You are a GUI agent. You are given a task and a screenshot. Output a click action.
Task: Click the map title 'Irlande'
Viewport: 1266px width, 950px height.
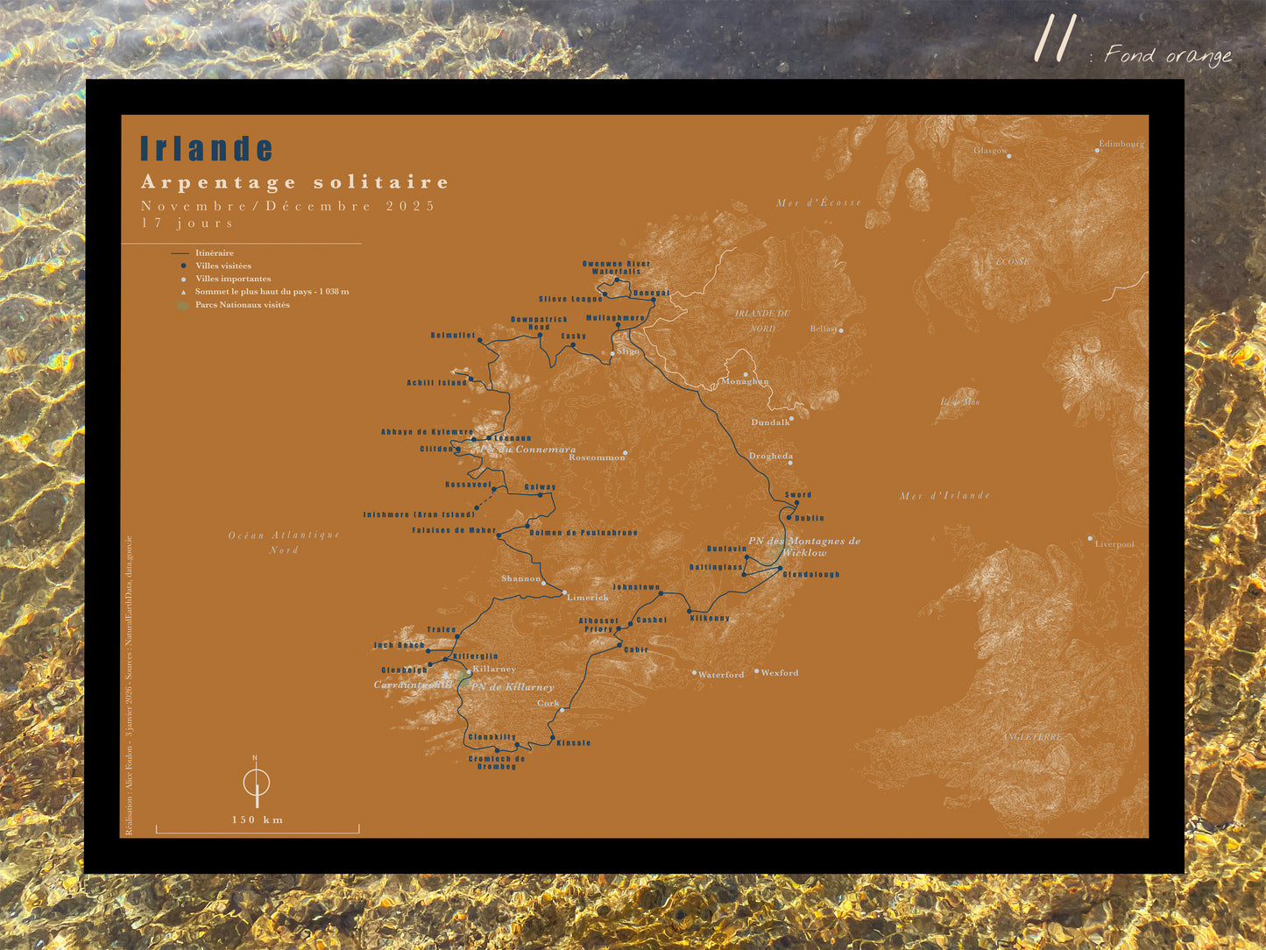(x=207, y=149)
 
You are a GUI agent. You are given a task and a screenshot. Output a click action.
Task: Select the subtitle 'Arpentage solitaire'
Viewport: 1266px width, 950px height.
(x=294, y=182)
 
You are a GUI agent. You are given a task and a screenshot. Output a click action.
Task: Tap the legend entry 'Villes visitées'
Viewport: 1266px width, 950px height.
(x=223, y=266)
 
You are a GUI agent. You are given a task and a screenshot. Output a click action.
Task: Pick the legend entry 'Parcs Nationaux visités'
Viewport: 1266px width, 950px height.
(x=242, y=305)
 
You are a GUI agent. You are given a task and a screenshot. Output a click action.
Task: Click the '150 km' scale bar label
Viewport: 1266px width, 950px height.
(x=257, y=820)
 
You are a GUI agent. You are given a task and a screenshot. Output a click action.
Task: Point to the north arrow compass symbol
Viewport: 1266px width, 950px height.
(x=256, y=782)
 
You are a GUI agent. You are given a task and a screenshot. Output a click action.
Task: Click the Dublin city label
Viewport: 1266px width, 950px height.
(x=810, y=518)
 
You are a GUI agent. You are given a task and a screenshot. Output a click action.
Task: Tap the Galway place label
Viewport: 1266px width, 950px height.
(x=540, y=487)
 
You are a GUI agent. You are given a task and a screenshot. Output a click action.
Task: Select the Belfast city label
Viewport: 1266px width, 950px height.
(x=824, y=330)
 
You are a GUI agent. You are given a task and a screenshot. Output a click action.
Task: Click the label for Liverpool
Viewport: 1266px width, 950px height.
(x=1114, y=544)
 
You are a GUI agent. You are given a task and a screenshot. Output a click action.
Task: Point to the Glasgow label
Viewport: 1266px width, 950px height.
(x=990, y=151)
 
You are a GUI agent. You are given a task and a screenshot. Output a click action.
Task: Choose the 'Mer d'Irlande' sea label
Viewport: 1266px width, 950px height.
(x=944, y=496)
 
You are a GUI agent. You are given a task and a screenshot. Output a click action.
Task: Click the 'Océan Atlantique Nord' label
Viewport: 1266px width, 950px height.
(x=284, y=542)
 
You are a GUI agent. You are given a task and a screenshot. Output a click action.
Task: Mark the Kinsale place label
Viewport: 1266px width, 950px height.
(x=573, y=743)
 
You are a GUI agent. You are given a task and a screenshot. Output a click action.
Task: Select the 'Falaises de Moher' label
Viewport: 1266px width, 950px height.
(x=454, y=531)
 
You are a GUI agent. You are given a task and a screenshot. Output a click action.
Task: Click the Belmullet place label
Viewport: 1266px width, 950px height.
(x=453, y=336)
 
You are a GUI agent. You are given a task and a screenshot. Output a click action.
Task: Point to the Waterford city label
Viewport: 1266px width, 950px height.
(x=721, y=675)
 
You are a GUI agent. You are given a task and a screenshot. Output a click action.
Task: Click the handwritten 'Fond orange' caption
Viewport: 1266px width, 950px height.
(x=1167, y=55)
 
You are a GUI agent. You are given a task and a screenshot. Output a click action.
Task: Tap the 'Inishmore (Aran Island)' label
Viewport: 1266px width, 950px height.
(x=419, y=514)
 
